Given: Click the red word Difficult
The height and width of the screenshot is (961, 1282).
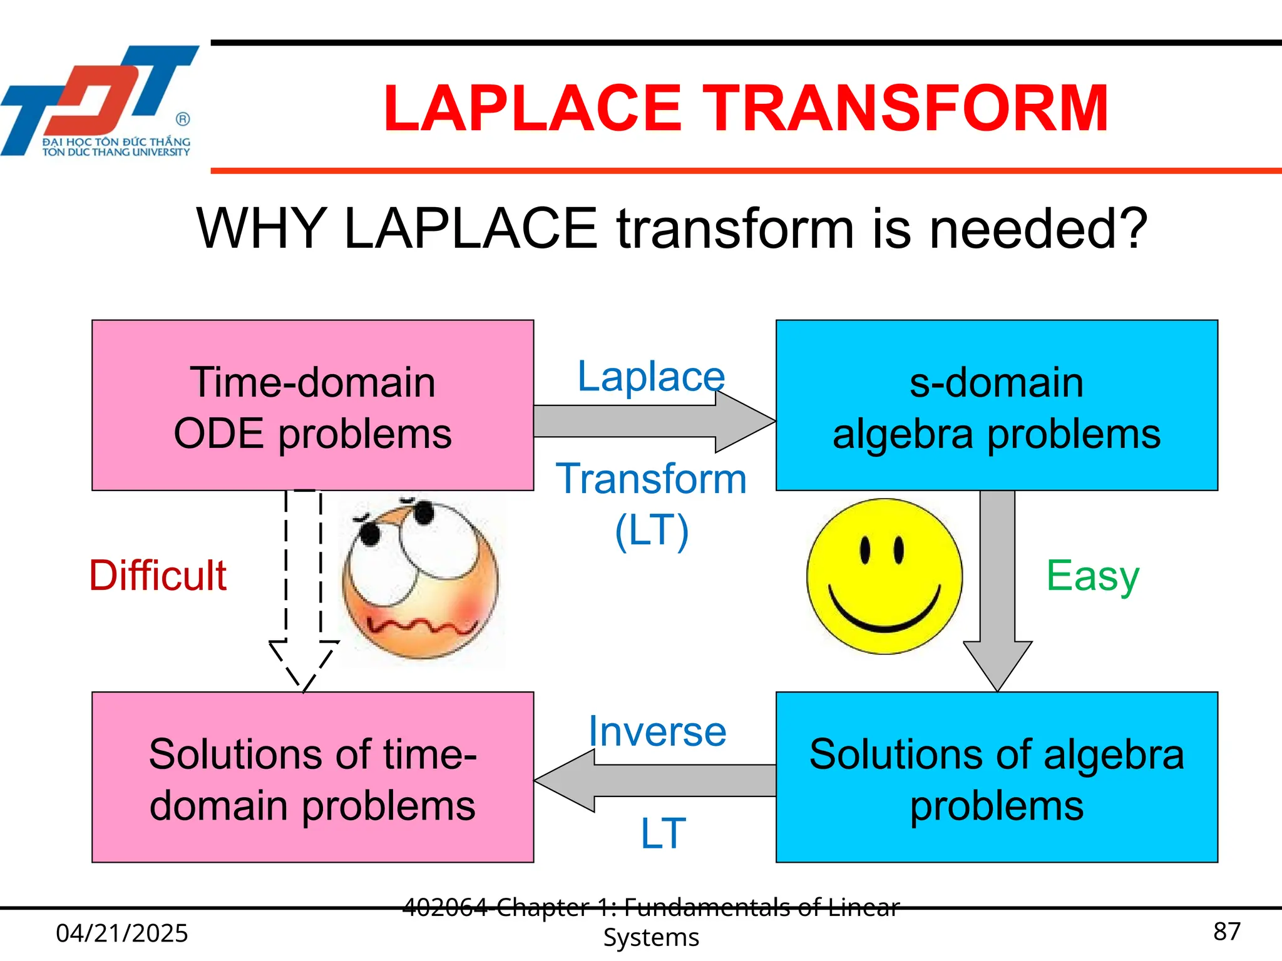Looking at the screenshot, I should pyautogui.click(x=157, y=576).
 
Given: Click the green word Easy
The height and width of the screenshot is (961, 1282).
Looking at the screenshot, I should pyautogui.click(x=1092, y=576).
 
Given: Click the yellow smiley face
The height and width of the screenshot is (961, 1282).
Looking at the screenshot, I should pyautogui.click(x=884, y=576).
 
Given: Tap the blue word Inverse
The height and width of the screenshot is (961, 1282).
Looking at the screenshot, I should pyautogui.click(x=657, y=731).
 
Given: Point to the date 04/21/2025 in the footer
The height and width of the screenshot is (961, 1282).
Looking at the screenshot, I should pyautogui.click(x=122, y=933).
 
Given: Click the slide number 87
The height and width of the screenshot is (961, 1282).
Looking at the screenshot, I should pyautogui.click(x=1226, y=932).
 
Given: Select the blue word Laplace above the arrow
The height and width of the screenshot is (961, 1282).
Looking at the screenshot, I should pyautogui.click(x=651, y=377).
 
